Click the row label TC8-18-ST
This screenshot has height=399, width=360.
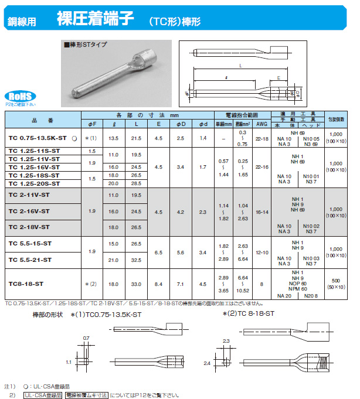(x=26, y=284)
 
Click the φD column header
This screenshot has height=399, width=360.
(x=181, y=123)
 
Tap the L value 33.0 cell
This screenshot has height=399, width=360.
(x=136, y=284)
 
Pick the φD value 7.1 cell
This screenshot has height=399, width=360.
(x=181, y=284)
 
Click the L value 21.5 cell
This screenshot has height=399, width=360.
(x=136, y=138)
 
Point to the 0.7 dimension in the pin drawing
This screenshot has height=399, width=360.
(x=87, y=338)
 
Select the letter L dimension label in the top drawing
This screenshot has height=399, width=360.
(x=241, y=67)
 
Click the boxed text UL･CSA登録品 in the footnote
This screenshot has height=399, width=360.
(x=42, y=395)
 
